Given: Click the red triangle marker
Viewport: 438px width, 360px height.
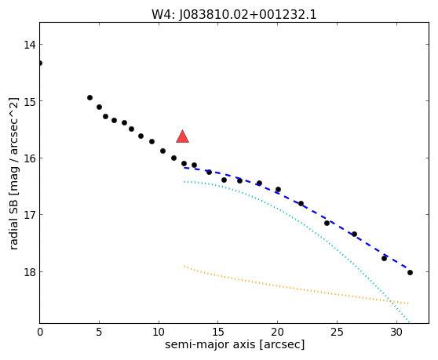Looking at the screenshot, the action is click(182, 136).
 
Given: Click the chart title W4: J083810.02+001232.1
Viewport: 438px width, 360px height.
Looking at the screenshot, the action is click(234, 15).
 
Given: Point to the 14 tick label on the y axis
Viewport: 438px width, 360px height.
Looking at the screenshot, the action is click(30, 45).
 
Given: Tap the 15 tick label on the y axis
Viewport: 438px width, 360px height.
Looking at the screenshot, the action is click(30, 101).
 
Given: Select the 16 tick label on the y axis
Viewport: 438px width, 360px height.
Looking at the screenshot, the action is click(30, 158).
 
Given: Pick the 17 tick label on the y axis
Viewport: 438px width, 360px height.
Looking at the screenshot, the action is click(30, 215).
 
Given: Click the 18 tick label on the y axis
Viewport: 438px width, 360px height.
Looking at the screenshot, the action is click(30, 272).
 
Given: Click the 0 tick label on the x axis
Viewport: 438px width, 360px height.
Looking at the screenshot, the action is click(40, 332).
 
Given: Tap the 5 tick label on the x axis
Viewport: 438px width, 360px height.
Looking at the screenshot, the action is click(99, 332).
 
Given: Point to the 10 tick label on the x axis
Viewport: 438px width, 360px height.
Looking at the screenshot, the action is click(159, 332).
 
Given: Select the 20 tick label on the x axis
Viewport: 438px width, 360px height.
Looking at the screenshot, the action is click(277, 332).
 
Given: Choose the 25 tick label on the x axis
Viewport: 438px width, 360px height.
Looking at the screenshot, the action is click(337, 332).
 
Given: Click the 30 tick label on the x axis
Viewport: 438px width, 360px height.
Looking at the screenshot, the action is click(396, 332).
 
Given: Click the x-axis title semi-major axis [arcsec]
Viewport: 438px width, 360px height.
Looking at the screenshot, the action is click(235, 344).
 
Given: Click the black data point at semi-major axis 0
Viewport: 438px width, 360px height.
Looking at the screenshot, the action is click(40, 63).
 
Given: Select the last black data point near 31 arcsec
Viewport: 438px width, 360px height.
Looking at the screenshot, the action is click(410, 273).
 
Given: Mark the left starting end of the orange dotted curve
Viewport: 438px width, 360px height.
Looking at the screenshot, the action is click(184, 266).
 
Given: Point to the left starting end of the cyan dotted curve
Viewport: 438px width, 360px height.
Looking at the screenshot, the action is click(184, 182).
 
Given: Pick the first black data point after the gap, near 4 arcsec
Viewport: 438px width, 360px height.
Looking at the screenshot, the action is click(89, 98).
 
